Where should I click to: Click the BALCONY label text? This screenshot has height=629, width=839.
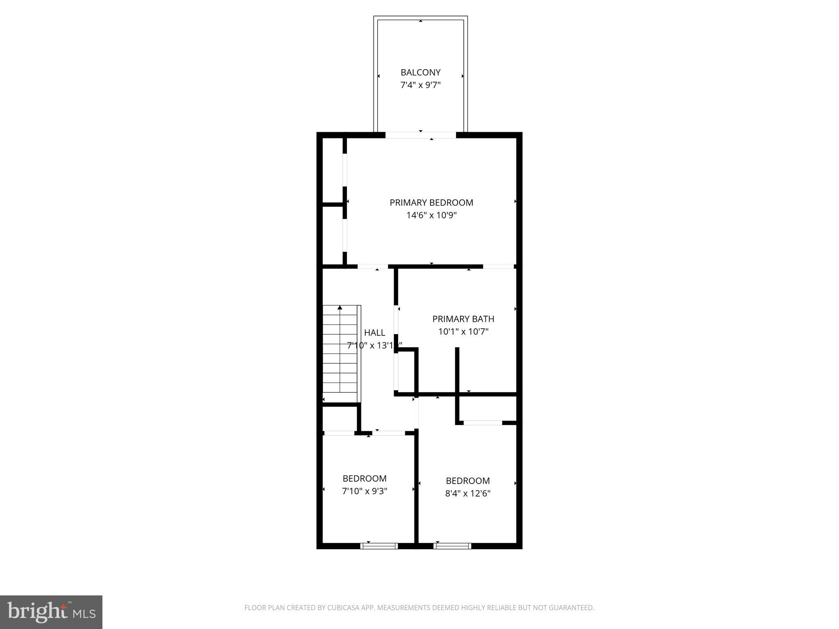point(420,72)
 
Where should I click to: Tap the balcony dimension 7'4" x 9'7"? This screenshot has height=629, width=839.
point(420,85)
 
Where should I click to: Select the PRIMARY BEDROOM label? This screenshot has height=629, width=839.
point(431,202)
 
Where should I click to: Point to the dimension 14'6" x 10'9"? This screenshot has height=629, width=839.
point(431,215)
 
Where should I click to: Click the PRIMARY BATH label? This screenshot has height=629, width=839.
point(463,319)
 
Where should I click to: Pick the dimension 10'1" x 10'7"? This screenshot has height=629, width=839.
point(463,331)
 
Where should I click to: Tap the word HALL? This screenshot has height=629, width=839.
point(374,333)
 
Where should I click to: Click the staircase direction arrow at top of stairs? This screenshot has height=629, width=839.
point(340,308)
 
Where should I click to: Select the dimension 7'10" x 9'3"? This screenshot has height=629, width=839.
point(364,491)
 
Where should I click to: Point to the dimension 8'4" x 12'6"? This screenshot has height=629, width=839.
point(467,493)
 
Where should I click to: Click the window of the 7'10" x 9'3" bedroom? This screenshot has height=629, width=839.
point(379,545)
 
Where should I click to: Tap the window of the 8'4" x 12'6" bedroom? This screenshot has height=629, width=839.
point(452,545)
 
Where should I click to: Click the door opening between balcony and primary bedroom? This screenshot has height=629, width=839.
point(421,135)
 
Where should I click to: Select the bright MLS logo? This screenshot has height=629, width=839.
point(51,612)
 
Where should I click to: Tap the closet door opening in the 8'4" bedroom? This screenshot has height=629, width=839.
point(483,423)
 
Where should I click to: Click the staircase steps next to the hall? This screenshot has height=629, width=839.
point(340,354)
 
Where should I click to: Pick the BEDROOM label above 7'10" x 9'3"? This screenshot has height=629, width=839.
point(364,478)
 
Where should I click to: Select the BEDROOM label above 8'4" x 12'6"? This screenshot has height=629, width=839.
point(467,481)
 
